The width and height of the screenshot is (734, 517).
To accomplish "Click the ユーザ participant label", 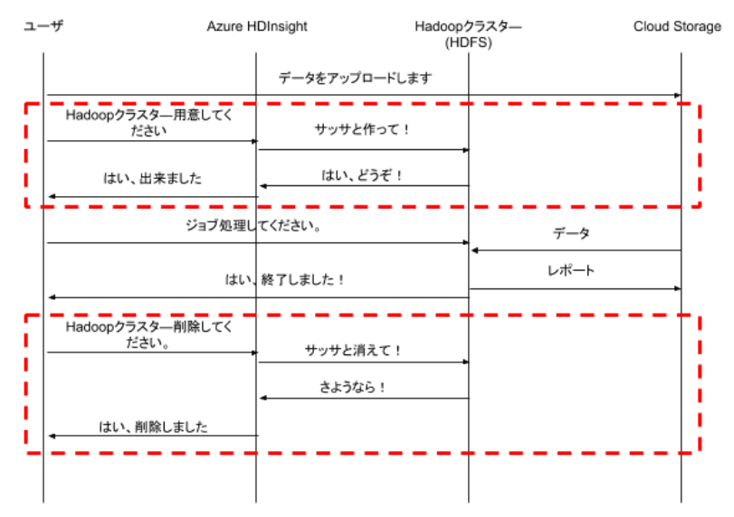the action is [x=43, y=25].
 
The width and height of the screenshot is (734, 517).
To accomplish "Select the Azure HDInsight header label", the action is [x=257, y=26].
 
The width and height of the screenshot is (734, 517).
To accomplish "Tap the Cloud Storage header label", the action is [x=677, y=26].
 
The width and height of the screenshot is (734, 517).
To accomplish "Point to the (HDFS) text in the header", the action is [x=468, y=43].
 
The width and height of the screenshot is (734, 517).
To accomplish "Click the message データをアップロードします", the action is [x=355, y=78].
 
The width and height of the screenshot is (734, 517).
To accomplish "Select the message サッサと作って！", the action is [x=362, y=129].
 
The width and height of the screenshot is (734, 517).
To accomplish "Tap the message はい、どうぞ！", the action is [x=362, y=175].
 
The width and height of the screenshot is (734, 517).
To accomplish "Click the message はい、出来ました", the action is [x=152, y=178].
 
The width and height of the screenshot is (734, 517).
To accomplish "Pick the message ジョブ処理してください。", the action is [x=253, y=225].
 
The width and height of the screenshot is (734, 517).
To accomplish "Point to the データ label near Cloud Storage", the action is [x=570, y=233].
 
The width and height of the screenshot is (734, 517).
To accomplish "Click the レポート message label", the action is [x=570, y=270].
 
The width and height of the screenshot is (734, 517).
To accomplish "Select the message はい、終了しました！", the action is [x=284, y=279].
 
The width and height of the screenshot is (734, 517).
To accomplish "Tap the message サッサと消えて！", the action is [x=353, y=350].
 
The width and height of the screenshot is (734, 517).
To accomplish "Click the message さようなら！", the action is [x=352, y=387].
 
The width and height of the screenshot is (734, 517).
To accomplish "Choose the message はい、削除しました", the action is [x=153, y=427].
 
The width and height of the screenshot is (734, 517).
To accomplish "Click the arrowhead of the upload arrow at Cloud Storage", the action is [x=677, y=96].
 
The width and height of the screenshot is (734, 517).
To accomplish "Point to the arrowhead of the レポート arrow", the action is [x=677, y=289].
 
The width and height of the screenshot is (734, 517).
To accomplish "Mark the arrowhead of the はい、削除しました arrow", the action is [x=52, y=437].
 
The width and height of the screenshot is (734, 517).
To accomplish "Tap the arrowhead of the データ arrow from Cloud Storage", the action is [x=474, y=250].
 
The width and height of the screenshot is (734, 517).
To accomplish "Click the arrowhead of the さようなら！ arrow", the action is [x=263, y=399].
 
